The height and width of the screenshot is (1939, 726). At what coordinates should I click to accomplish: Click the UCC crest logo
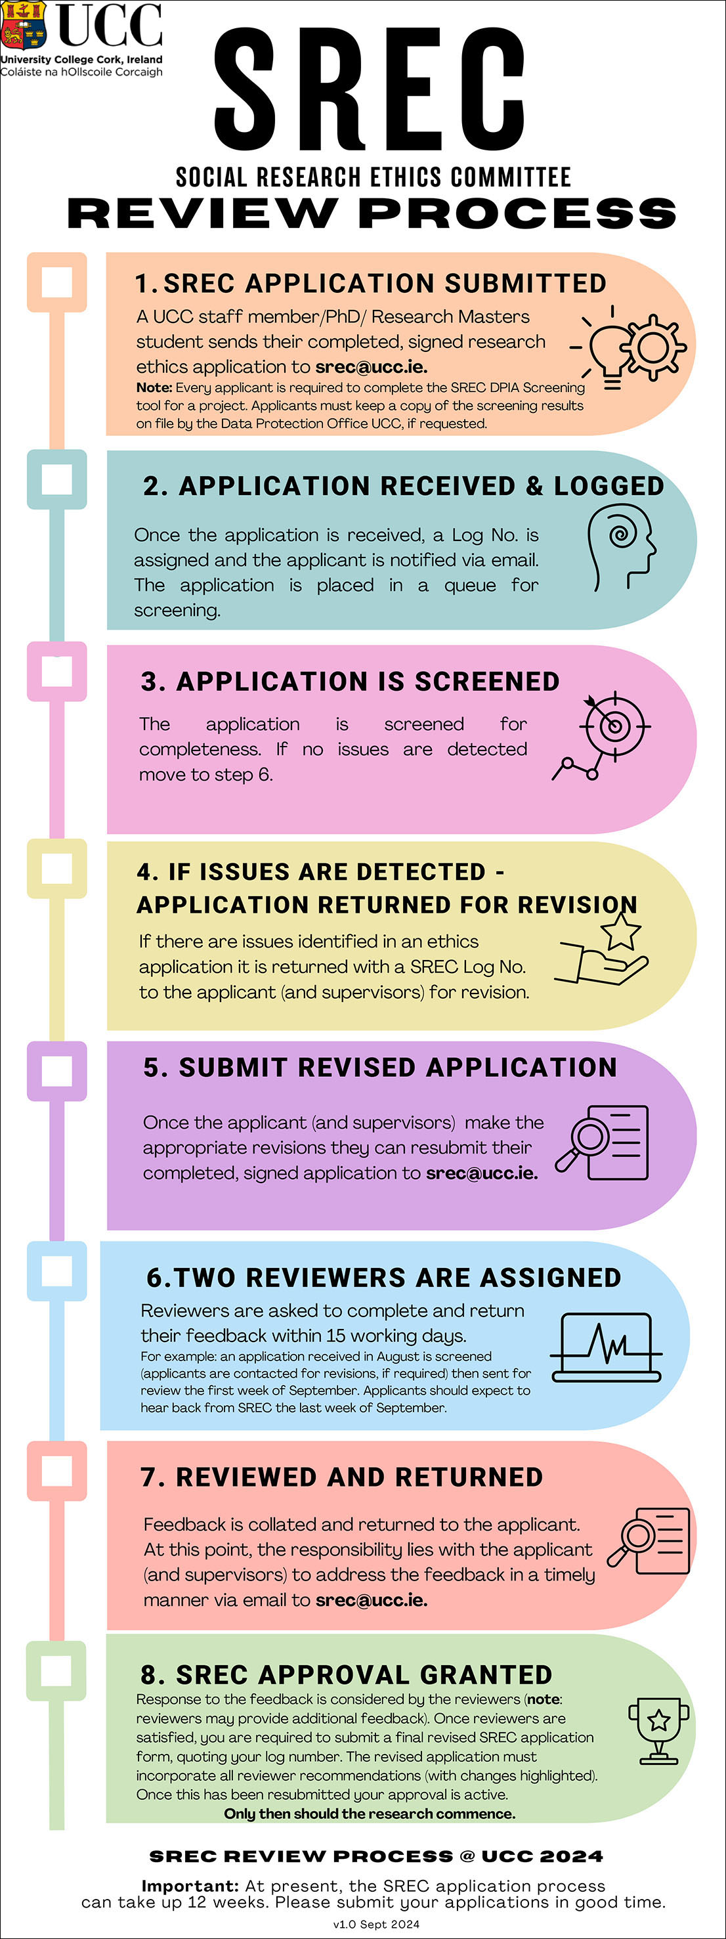pos(24,26)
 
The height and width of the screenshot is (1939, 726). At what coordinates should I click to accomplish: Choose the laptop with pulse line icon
pos(607,1347)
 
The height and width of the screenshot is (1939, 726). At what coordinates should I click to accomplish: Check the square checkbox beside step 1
pos(56,282)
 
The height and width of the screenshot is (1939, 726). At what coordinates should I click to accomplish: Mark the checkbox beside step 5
pos(56,1070)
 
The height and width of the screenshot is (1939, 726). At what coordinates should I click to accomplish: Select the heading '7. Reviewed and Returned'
pos(341,1477)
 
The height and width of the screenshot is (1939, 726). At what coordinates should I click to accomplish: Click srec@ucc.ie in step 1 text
pos(371,367)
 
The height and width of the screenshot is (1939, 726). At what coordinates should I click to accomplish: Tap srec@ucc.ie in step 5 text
pos(482,1173)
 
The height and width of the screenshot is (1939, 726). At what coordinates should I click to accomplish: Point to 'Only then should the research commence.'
pos(370,1814)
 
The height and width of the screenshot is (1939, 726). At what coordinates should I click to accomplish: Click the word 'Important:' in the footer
pos(190,1886)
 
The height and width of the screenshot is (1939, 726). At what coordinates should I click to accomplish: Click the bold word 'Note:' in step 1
pos(154,387)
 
